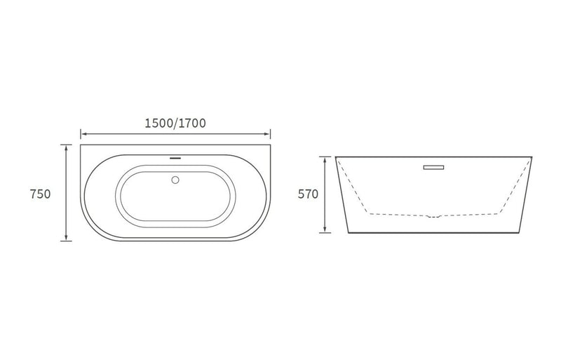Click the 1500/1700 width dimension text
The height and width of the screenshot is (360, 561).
(175, 123)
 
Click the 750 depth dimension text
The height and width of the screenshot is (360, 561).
(41, 194)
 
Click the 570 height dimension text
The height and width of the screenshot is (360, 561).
(308, 194)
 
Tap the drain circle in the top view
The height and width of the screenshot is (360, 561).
(175, 180)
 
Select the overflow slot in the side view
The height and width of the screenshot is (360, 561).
(435, 167)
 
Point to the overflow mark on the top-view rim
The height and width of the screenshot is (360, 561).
(175, 157)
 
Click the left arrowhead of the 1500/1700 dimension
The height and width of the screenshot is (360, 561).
(83, 133)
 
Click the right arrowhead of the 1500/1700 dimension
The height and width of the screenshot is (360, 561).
(269, 133)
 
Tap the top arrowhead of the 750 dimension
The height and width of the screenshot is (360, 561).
(66, 147)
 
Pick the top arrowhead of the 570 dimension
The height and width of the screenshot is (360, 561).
(325, 159)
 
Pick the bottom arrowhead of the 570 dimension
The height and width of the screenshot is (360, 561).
(325, 230)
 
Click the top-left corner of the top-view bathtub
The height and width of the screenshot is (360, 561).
(81, 145)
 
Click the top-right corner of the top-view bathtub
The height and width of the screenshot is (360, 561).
(271, 145)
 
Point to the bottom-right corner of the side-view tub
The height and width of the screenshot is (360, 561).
(520, 232)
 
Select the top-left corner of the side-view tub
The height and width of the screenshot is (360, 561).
(335, 156)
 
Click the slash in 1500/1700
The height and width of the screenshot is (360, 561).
(175, 123)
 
